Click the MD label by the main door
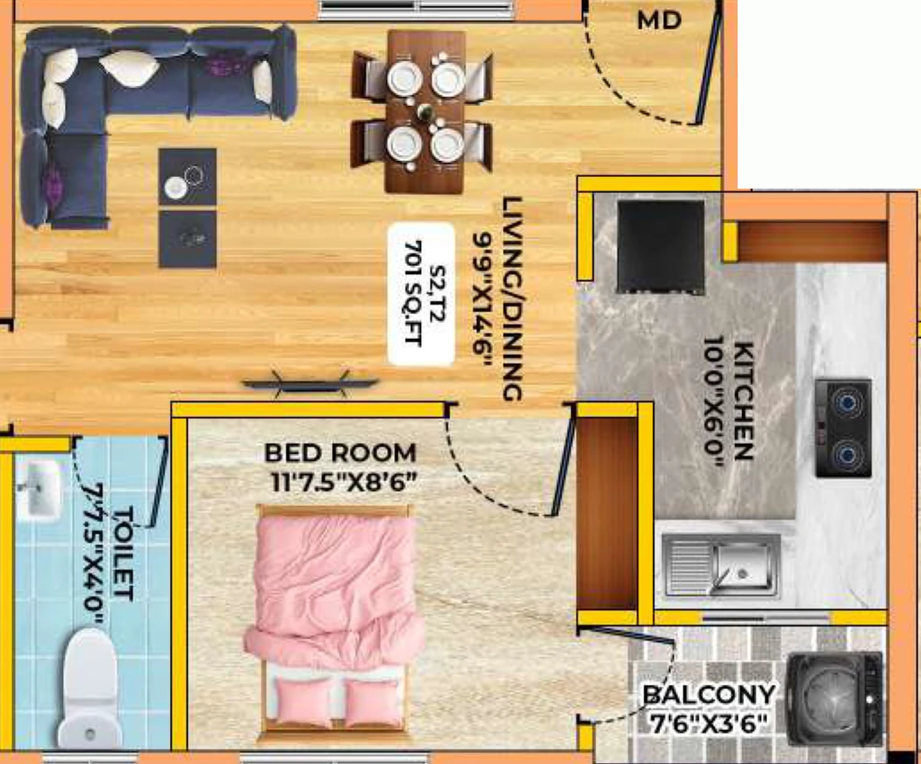(x=659, y=22)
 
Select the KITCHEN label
(x=742, y=401)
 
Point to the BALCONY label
(x=709, y=695)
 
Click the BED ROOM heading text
(x=340, y=453)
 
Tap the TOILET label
(x=122, y=554)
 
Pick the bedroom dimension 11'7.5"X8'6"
(x=344, y=482)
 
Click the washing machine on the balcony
(x=834, y=698)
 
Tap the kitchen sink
(x=722, y=564)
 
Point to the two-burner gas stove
(x=843, y=427)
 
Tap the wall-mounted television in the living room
(x=309, y=383)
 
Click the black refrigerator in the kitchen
(x=660, y=246)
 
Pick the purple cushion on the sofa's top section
(x=222, y=64)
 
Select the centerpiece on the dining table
(x=425, y=111)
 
